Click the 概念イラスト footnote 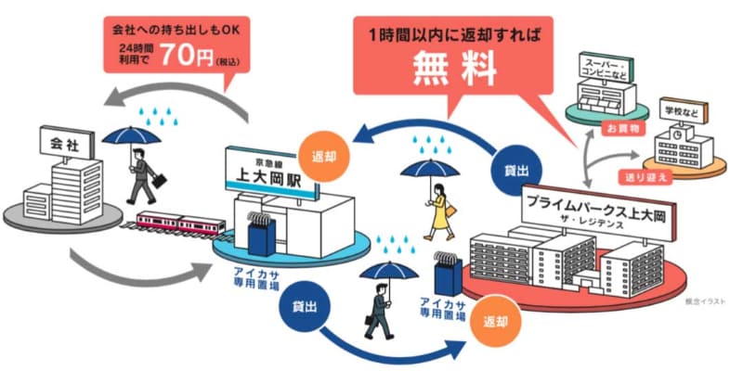point(702,301)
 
